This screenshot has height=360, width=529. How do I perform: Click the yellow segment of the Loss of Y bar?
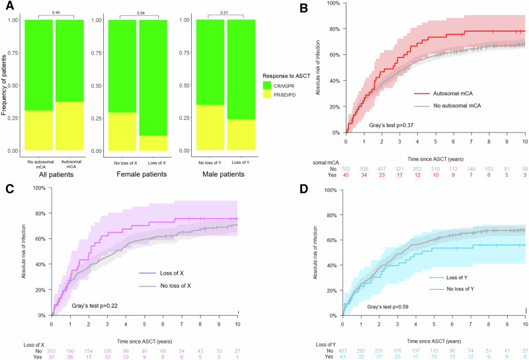pyautogui.click(x=242, y=134)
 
